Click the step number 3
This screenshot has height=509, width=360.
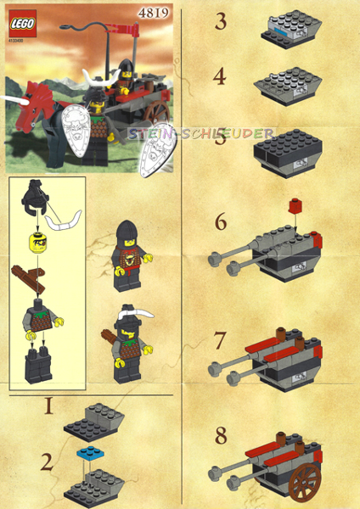click(221, 21)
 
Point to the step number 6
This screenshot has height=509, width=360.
click(221, 222)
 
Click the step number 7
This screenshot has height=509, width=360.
click(221, 341)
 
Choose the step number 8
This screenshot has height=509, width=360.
click(221, 437)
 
